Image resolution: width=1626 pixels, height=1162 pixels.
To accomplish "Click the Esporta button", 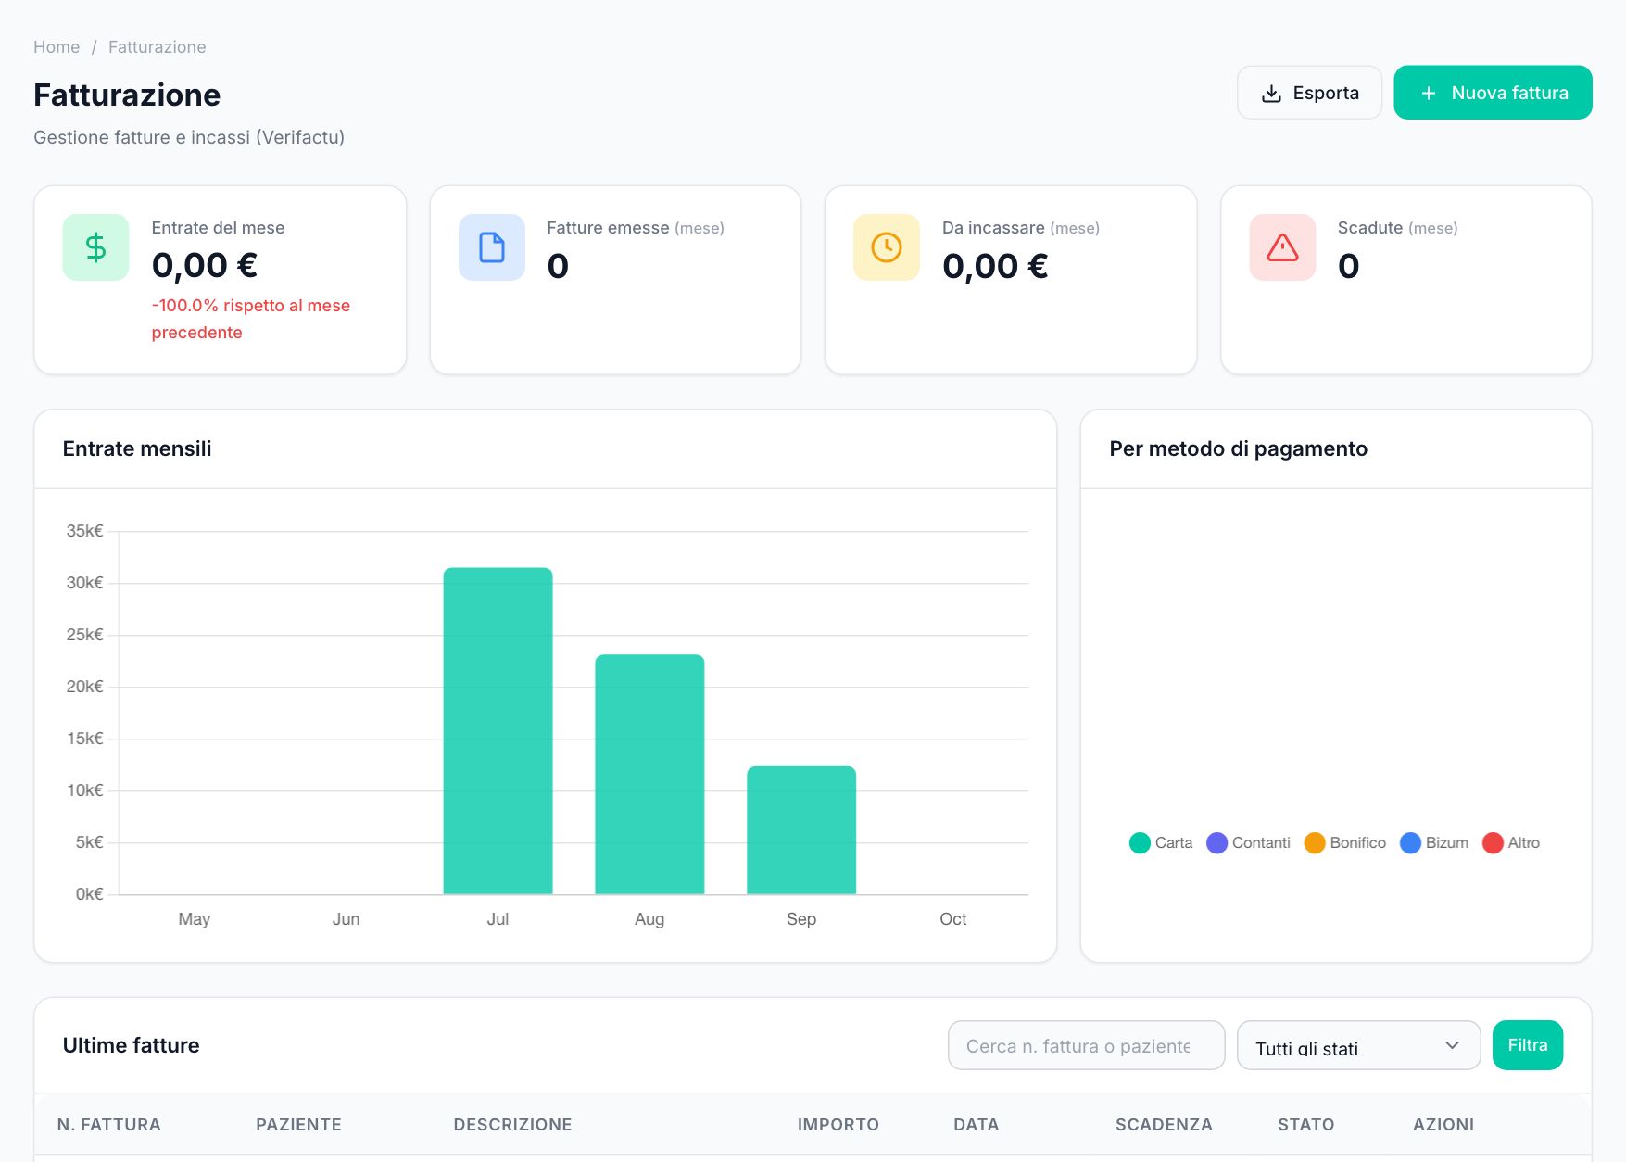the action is click(x=1309, y=93).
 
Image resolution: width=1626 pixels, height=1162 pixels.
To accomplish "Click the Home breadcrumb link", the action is click(x=57, y=47).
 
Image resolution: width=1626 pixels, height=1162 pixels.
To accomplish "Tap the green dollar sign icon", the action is click(x=95, y=247).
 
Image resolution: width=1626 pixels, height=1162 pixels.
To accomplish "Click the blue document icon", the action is click(x=492, y=247).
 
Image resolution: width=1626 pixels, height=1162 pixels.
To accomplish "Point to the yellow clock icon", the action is click(x=887, y=247).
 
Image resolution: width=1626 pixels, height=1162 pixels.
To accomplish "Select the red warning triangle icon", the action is click(x=1282, y=247).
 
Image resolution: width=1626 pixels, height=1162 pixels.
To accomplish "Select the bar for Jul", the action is click(x=498, y=731).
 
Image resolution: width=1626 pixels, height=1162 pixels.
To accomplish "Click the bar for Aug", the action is click(x=649, y=775).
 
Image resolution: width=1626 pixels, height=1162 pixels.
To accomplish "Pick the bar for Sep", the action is click(x=801, y=830).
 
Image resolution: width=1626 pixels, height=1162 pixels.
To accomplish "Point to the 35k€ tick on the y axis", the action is click(x=84, y=531).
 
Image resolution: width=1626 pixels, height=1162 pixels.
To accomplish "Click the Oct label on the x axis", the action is click(x=953, y=919).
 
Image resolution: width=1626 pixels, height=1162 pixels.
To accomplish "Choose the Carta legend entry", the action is click(x=1161, y=843).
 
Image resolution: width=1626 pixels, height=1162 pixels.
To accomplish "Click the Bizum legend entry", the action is click(x=1434, y=843).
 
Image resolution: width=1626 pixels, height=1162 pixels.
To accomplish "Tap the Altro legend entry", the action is click(x=1511, y=843).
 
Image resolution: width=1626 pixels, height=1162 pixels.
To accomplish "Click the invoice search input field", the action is click(x=1087, y=1045).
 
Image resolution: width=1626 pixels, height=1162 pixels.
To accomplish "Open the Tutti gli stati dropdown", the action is click(x=1359, y=1045).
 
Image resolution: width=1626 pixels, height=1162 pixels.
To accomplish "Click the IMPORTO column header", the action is click(x=838, y=1125).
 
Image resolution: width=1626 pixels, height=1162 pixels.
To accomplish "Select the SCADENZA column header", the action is click(x=1164, y=1125).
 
